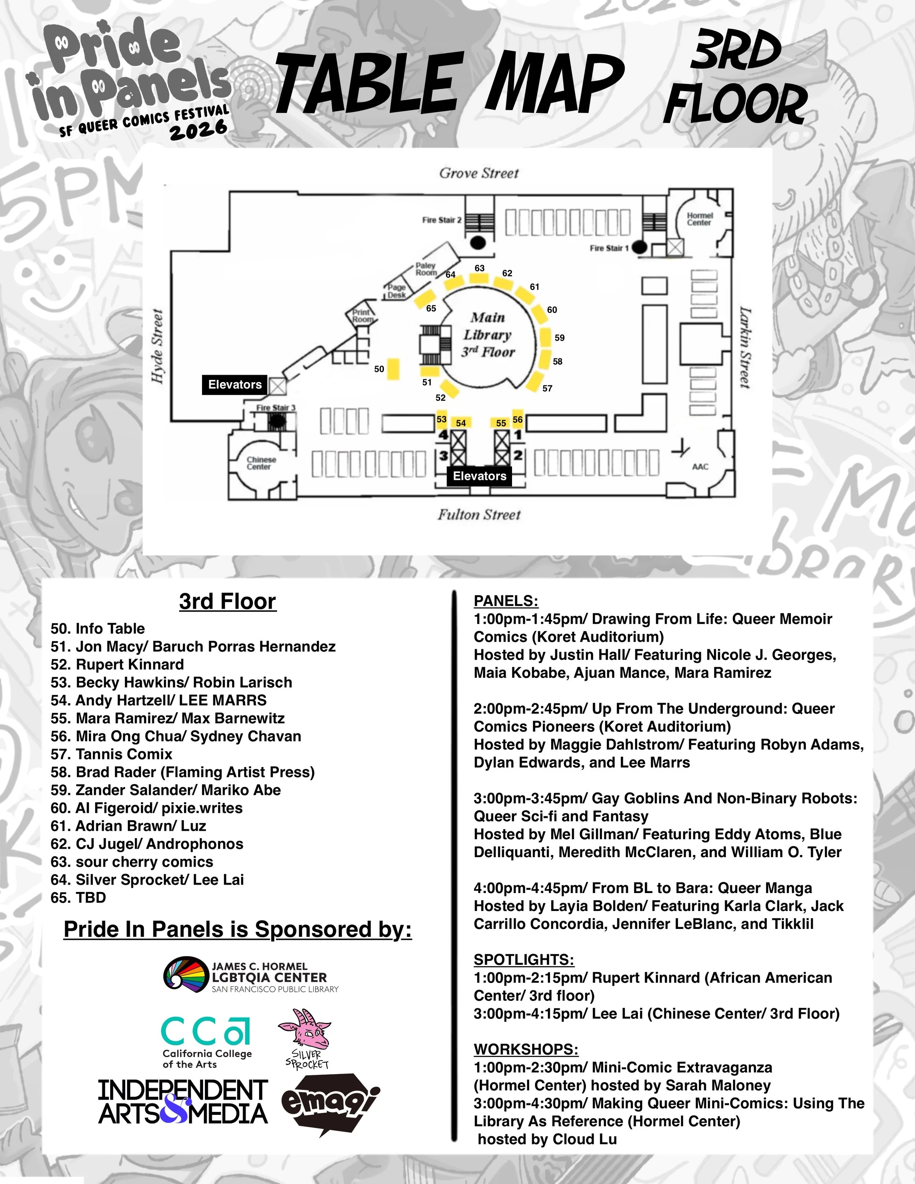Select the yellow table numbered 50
coord(393,369)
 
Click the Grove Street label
coord(479,173)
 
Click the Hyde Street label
coord(158,347)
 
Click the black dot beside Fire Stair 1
coord(640,248)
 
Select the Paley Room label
coord(426,269)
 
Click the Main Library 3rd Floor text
coord(488,335)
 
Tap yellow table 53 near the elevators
coord(442,419)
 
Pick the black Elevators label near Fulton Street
coord(479,476)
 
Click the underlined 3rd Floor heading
coord(228,601)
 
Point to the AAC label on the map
coord(700,467)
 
